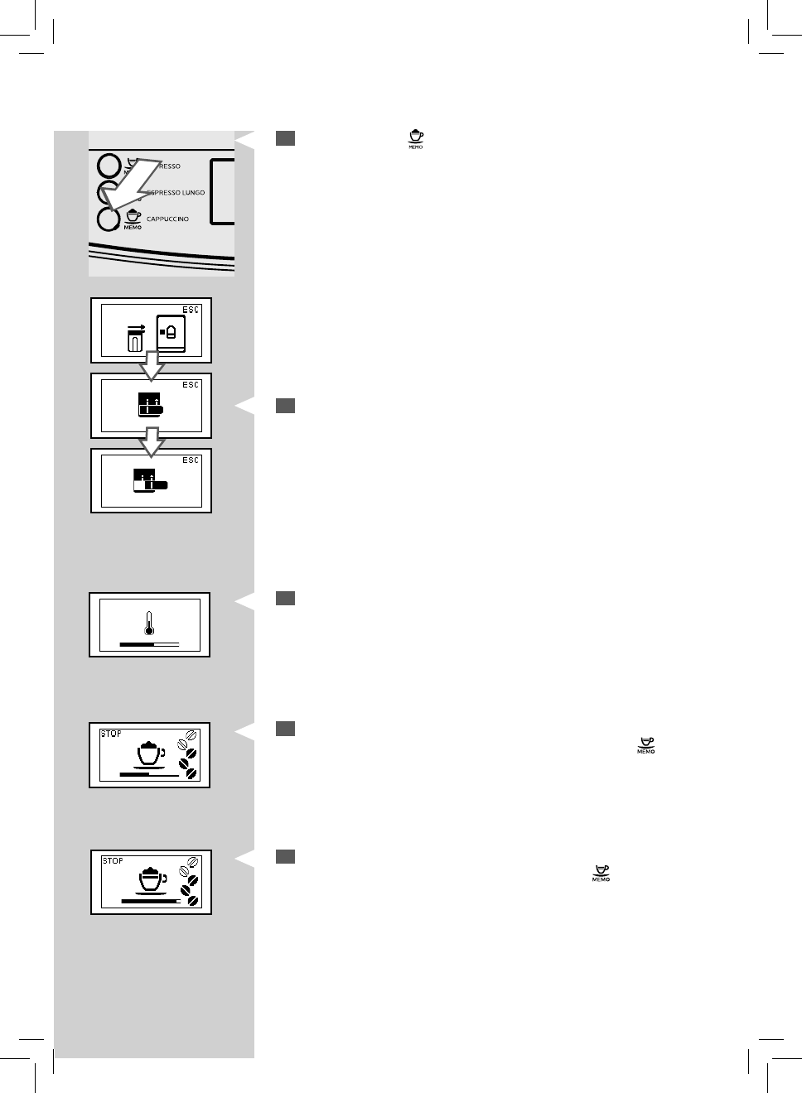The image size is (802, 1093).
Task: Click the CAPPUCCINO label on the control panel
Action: click(x=167, y=219)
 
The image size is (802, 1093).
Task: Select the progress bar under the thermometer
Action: click(x=149, y=643)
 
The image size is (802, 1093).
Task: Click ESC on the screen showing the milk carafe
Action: click(x=191, y=310)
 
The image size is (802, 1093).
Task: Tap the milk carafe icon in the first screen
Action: click(x=135, y=337)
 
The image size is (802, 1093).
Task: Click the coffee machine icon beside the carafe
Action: click(x=171, y=333)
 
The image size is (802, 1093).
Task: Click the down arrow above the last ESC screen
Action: click(x=151, y=441)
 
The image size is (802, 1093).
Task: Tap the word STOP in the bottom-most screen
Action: click(x=113, y=861)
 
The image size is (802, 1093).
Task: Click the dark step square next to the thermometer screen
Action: click(x=285, y=598)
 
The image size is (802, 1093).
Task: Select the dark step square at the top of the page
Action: click(x=285, y=138)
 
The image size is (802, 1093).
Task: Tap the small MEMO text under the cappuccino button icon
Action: click(x=133, y=228)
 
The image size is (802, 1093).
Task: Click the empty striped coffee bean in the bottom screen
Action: click(x=193, y=862)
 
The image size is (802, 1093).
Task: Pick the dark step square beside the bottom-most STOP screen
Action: click(x=285, y=856)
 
